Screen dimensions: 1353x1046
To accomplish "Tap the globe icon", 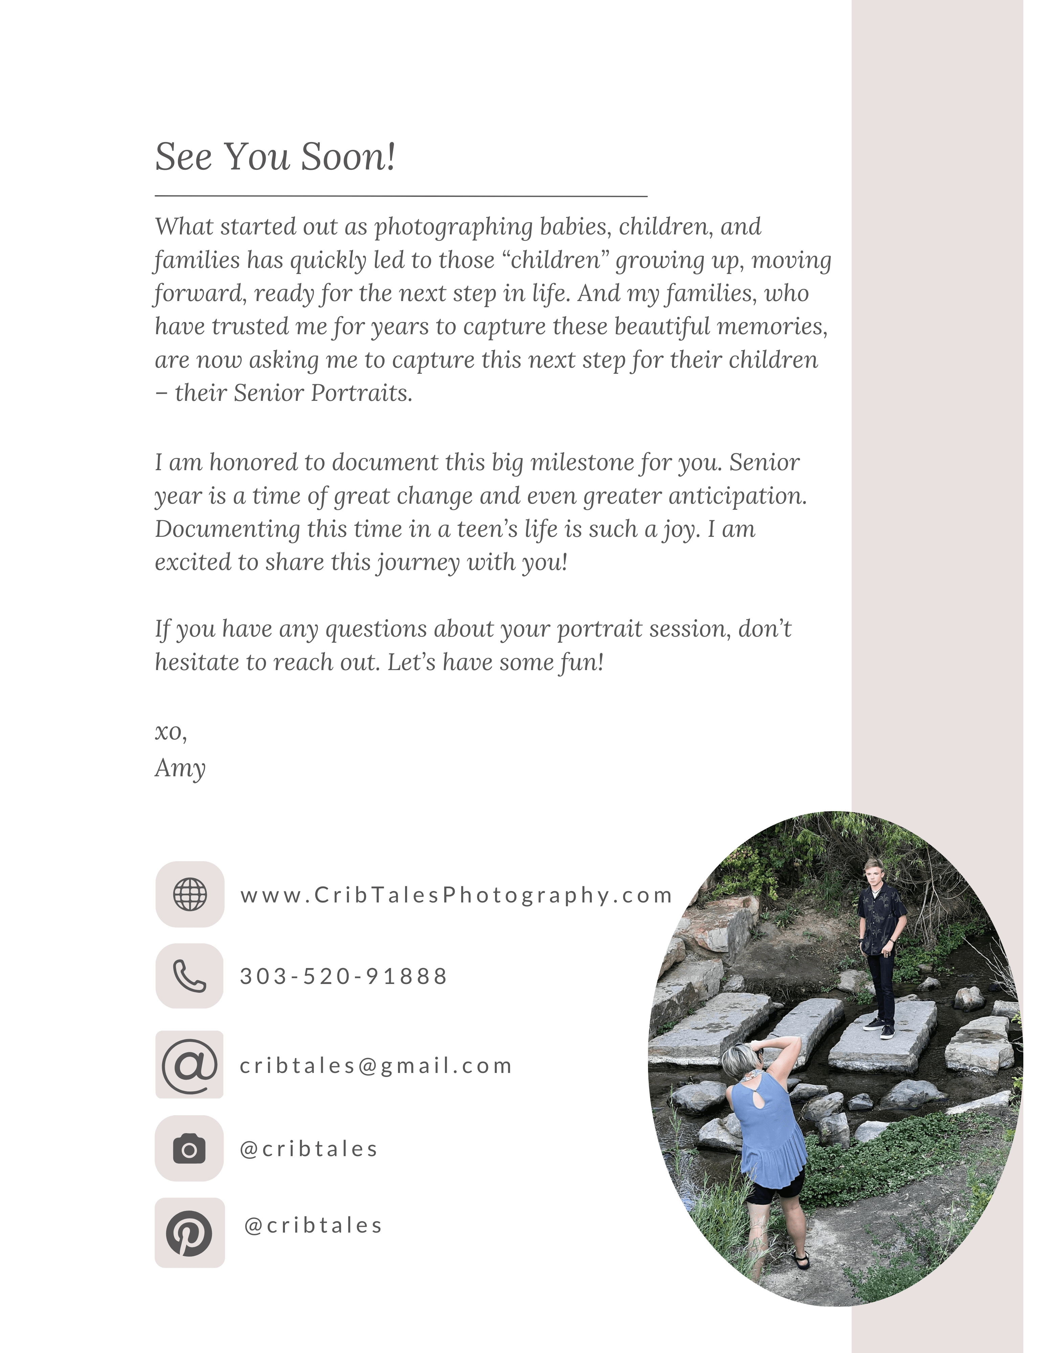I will (190, 895).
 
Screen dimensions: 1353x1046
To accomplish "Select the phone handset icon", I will (189, 976).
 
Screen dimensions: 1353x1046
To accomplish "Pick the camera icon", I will (189, 1149).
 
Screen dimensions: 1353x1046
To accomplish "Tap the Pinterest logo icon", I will (189, 1233).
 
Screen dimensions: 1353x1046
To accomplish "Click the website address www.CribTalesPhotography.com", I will (456, 895).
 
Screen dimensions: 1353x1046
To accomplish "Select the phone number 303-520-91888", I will (343, 976).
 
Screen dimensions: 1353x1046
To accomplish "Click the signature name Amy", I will (180, 768).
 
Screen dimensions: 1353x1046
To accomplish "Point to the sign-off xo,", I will (171, 732).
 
